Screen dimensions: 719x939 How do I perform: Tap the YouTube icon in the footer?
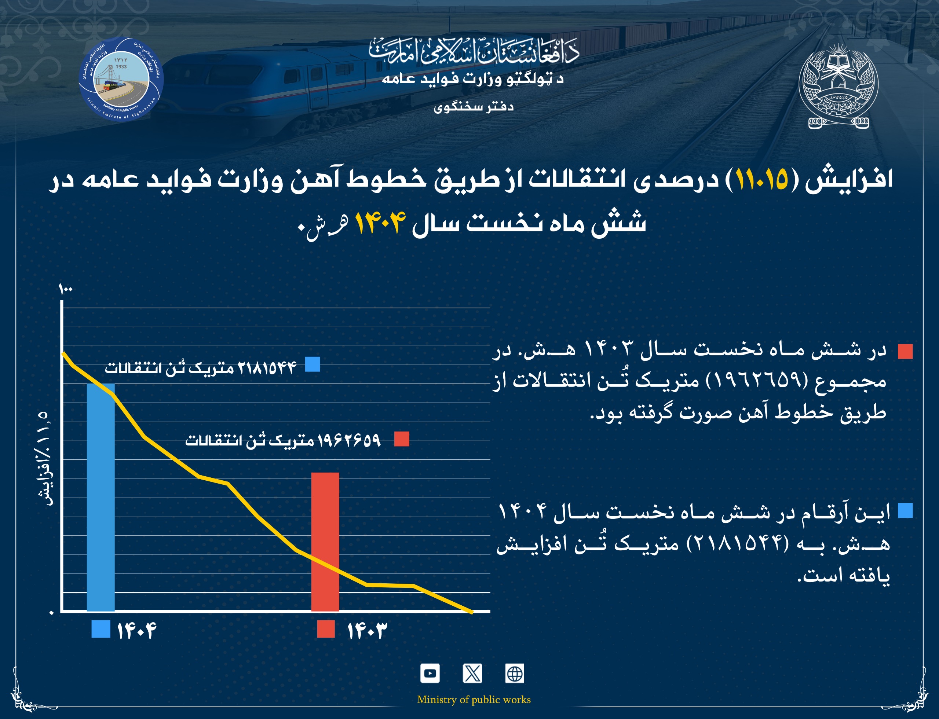click(x=430, y=673)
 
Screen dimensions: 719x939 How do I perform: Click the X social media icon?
click(x=472, y=673)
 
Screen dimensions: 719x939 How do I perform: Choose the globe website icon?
click(x=514, y=673)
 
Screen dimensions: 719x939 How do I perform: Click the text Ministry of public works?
click(x=474, y=699)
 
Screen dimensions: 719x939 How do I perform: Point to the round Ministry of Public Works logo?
click(x=121, y=79)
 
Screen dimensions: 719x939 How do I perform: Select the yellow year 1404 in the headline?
click(x=380, y=223)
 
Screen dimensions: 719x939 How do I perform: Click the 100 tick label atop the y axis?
click(x=66, y=290)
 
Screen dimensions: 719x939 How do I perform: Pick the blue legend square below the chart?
click(x=101, y=629)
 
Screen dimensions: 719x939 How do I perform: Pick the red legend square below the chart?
click(x=325, y=629)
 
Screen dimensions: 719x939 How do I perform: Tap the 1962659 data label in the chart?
click(x=282, y=440)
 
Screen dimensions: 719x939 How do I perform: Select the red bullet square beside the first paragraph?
click(x=905, y=351)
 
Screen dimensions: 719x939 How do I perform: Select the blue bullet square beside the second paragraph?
click(x=905, y=511)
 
